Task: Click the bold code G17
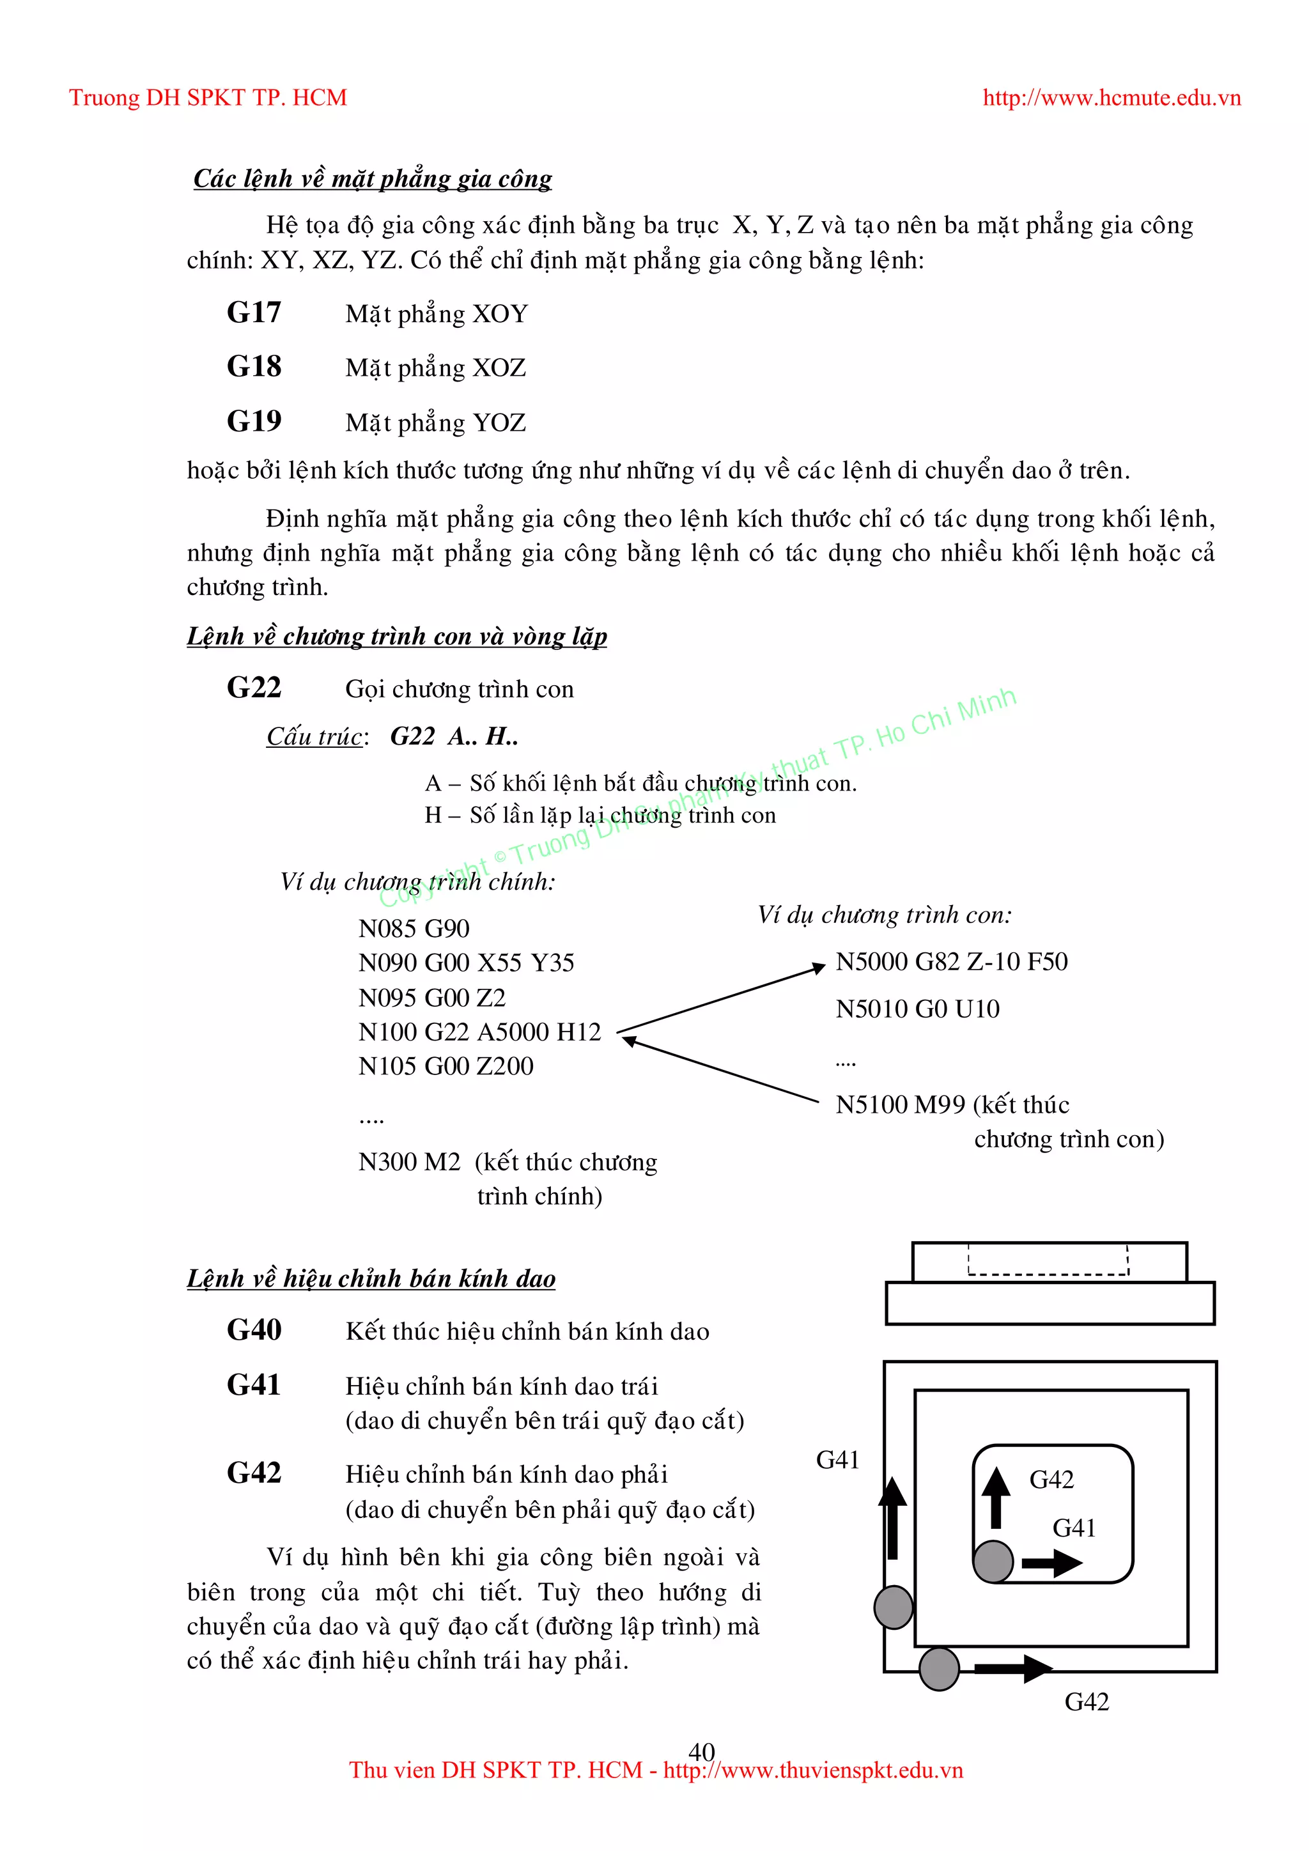point(254,313)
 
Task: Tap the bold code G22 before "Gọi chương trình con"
point(254,688)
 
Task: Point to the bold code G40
point(254,1330)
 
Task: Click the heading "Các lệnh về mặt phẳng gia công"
point(373,178)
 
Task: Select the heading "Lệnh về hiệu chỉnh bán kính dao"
point(371,1278)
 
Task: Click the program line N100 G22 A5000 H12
point(479,1032)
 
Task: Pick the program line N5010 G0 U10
point(917,1009)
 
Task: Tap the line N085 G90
point(414,929)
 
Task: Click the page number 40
point(701,1751)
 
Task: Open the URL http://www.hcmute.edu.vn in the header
point(1111,98)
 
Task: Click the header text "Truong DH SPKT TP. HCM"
point(208,98)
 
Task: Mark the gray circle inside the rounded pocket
point(993,1561)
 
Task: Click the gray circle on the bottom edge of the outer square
point(939,1669)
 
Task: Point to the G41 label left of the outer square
point(837,1460)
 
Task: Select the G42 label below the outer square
point(1087,1702)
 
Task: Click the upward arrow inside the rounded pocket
point(996,1497)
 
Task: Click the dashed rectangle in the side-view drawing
point(1048,1260)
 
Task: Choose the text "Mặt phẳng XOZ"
point(435,368)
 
